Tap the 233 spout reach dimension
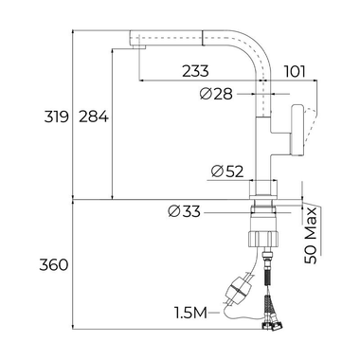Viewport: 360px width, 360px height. [x=197, y=70]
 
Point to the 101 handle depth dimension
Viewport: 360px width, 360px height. [x=295, y=70]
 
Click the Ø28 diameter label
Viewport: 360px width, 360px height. [x=220, y=93]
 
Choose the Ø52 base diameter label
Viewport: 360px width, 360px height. [x=227, y=171]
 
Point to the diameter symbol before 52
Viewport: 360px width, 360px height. [x=216, y=171]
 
